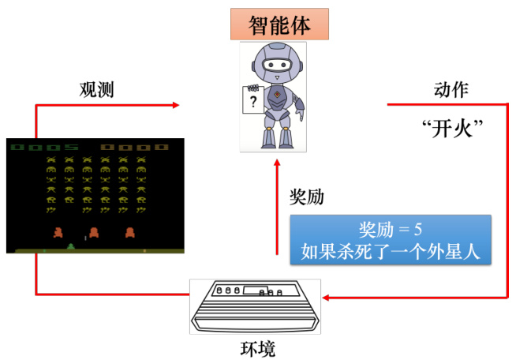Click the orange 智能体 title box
point(279,24)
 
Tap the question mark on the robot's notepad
point(252,103)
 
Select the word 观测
point(96,89)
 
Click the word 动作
point(451,89)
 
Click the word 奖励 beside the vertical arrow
point(306,197)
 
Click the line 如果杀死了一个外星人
point(391,253)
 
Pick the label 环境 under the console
point(257,348)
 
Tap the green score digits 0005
point(44,147)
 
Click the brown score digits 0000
point(134,147)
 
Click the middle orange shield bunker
point(93,232)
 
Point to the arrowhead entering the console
point(326,298)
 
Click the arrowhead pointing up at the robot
point(276,165)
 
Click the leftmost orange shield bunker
point(57,232)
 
